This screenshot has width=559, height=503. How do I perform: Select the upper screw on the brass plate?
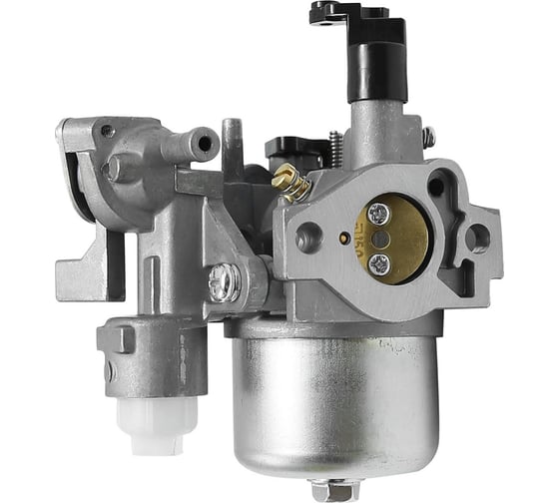pyautogui.click(x=376, y=213)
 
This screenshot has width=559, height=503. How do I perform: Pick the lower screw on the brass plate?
pyautogui.click(x=378, y=263)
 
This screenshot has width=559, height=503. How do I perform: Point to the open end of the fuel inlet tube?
pyautogui.click(x=206, y=144)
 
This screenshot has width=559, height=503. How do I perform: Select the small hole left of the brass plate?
pyautogui.click(x=344, y=239)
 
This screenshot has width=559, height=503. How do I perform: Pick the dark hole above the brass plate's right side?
pyautogui.click(x=435, y=187)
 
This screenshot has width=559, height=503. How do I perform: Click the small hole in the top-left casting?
pyautogui.click(x=108, y=131)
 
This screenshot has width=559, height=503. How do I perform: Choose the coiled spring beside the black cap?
pyautogui.click(x=336, y=150)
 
